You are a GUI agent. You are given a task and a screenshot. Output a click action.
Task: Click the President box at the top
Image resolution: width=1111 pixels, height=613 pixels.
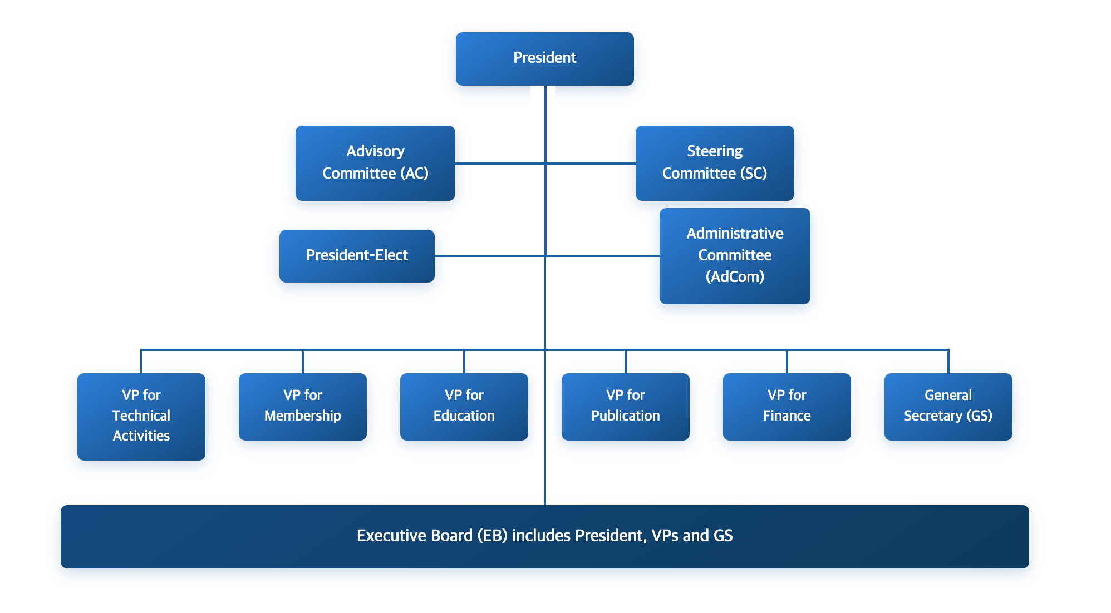[544, 58]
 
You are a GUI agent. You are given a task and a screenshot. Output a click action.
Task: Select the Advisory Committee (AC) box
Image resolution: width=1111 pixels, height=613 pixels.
[375, 162]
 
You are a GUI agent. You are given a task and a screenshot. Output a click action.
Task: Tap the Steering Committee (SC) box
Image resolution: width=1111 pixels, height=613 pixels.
[714, 162]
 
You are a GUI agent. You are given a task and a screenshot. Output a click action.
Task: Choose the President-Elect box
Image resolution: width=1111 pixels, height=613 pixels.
[357, 255]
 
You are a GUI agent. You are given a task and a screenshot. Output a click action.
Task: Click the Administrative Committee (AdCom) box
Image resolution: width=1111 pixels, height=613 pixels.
[734, 255]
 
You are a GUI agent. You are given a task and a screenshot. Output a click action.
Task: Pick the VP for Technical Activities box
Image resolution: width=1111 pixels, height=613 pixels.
[141, 416]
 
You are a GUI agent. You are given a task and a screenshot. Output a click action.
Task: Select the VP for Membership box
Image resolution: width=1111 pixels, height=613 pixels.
[302, 406]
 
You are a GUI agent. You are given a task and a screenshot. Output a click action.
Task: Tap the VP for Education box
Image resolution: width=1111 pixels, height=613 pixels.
[464, 406]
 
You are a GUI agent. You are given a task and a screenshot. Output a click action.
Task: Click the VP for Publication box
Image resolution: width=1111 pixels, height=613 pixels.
[625, 406]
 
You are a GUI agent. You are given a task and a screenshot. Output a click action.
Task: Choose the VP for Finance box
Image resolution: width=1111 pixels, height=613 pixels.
[786, 406]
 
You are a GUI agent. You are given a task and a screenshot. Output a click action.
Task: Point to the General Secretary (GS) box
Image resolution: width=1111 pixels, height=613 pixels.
[948, 406]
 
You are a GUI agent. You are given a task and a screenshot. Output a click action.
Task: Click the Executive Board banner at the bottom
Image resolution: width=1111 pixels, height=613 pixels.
[544, 536]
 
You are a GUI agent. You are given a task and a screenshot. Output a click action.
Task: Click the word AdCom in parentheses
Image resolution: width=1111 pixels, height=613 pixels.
[735, 276]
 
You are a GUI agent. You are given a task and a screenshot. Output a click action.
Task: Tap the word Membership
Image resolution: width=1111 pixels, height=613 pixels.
[302, 416]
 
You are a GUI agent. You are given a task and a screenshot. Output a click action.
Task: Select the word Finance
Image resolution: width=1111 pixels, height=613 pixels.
[786, 416]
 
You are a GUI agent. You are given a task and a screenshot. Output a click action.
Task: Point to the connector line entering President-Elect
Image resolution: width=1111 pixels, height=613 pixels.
[490, 256]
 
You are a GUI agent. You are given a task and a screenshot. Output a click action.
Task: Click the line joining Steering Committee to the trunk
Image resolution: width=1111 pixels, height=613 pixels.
[590, 163]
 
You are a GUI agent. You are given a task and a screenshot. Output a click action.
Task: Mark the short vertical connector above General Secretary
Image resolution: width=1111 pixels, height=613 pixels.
[948, 362]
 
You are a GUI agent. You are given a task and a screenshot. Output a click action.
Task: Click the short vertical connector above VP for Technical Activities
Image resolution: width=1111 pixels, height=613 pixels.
[141, 362]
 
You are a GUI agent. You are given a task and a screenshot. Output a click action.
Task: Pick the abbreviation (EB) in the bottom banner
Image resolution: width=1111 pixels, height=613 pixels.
[492, 536]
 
